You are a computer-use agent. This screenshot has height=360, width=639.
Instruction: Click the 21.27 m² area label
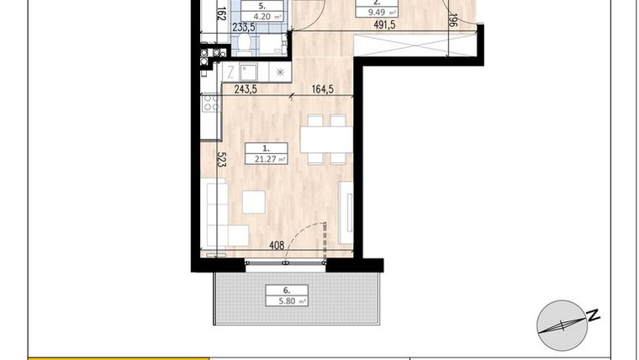click(267, 158)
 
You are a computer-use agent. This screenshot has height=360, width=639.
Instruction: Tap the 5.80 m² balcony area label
click(287, 299)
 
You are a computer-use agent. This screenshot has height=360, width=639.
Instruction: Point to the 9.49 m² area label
click(377, 12)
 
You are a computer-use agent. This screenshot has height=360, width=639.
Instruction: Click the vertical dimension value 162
click(221, 14)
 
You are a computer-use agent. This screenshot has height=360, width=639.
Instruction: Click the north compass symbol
click(561, 324)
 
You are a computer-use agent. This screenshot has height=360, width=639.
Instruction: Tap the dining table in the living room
click(325, 140)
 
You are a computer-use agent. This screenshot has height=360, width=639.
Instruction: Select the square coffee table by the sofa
click(254, 202)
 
